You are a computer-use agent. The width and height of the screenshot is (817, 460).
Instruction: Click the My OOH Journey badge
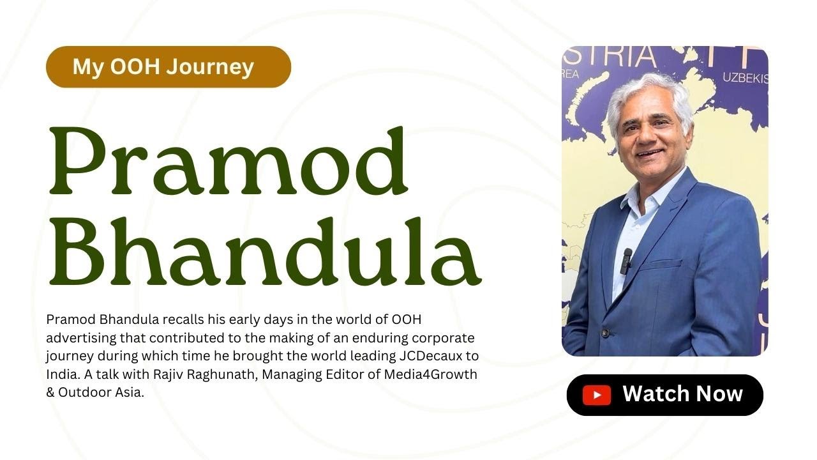(x=169, y=67)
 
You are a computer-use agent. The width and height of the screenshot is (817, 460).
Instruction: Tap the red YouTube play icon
(x=597, y=395)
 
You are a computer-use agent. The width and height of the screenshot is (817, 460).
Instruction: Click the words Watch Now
(x=682, y=394)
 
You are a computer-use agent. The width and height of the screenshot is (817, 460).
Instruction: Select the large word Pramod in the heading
(x=229, y=160)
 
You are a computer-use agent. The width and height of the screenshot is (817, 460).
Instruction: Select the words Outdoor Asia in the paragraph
(x=101, y=392)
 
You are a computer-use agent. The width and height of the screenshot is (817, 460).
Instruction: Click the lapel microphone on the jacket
(x=626, y=261)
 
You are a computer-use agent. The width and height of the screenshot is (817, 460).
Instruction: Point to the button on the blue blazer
(x=606, y=333)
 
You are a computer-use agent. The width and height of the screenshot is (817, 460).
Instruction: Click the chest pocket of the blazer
(x=660, y=264)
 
